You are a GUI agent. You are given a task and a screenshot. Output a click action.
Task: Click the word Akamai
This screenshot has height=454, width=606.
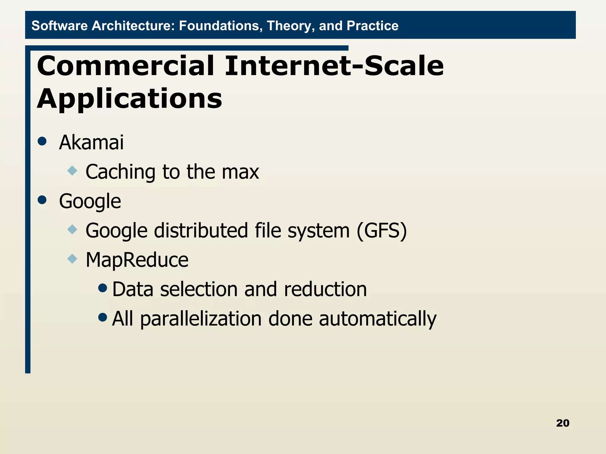(x=91, y=142)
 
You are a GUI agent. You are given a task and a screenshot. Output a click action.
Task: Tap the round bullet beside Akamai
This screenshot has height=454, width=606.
(x=42, y=141)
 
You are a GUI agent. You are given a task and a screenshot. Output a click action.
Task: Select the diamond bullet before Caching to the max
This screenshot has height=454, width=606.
(x=72, y=171)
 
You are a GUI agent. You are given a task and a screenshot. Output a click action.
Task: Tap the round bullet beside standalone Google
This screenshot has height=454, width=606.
(x=42, y=200)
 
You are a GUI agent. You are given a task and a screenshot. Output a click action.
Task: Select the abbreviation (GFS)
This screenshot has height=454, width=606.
(x=382, y=231)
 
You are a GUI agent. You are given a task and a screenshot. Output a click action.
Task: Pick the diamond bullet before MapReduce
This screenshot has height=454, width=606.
(x=72, y=259)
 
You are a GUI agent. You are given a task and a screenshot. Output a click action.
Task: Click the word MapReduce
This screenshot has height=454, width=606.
(x=137, y=260)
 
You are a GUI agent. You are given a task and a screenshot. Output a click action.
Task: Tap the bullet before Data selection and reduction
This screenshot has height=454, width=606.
(x=102, y=288)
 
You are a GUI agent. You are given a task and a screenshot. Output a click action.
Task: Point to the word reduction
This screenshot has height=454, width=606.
(x=325, y=289)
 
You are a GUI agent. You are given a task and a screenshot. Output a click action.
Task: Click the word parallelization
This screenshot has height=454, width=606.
(x=201, y=319)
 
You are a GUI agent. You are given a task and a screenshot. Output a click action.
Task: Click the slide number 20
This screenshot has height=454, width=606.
(x=563, y=423)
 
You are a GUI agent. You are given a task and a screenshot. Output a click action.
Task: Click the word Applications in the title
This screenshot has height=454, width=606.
(x=129, y=99)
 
